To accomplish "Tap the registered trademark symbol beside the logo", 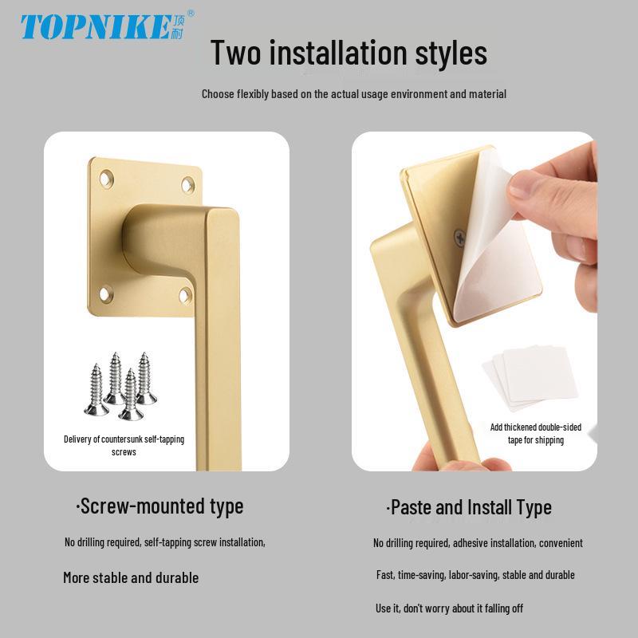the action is click(x=190, y=14).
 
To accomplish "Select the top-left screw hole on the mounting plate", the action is click(x=106, y=178).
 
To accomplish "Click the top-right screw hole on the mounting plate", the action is click(x=187, y=185).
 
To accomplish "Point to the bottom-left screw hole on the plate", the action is click(x=106, y=293).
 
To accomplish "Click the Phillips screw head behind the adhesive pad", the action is click(x=459, y=238).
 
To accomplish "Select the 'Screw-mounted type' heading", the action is click(x=160, y=507).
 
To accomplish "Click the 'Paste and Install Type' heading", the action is click(x=469, y=508).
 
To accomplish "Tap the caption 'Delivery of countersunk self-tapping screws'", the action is click(x=124, y=446).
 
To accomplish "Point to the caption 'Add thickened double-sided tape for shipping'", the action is click(x=535, y=434).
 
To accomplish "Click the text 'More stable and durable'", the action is click(x=131, y=577).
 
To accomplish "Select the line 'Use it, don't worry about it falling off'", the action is click(x=449, y=608).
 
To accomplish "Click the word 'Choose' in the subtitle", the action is click(x=218, y=94).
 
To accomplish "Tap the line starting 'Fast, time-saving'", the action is click(x=475, y=575).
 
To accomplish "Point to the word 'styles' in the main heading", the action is click(x=451, y=53).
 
